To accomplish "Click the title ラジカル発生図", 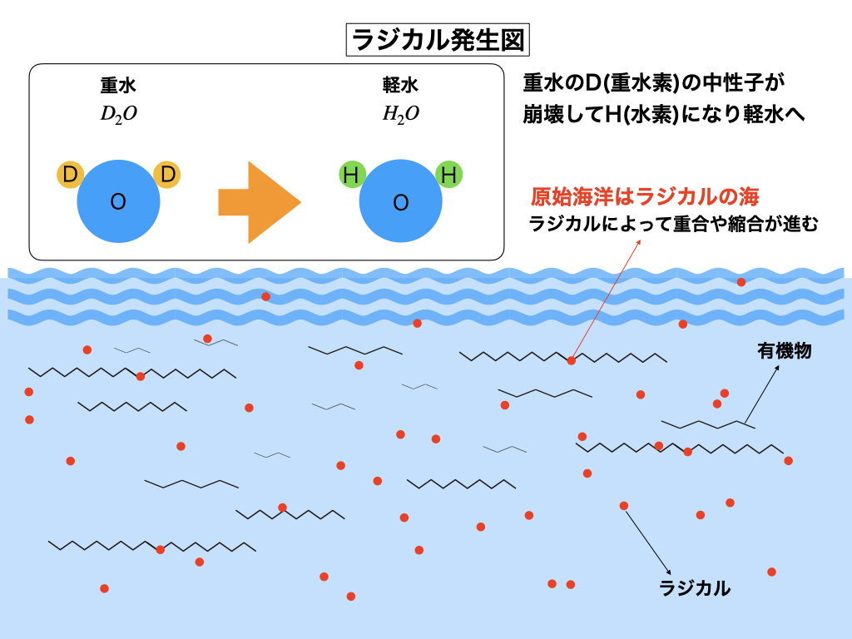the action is (x=438, y=40).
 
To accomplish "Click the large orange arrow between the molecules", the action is (x=260, y=202).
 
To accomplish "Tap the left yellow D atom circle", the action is (x=70, y=175).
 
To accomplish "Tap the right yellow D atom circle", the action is (x=167, y=175).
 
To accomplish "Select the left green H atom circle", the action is (x=352, y=175).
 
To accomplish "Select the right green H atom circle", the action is (x=449, y=175).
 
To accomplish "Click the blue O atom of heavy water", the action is (x=118, y=201).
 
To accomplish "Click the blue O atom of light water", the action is (x=400, y=201).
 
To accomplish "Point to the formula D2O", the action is (x=118, y=114).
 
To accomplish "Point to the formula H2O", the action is (x=400, y=114).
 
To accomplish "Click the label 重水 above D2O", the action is (x=118, y=86).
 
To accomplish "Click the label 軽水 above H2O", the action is (x=400, y=86).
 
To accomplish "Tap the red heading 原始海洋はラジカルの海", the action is (x=645, y=196).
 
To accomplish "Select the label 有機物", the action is (x=784, y=351).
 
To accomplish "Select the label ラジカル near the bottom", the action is (x=695, y=588).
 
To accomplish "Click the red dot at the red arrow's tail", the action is (x=571, y=361).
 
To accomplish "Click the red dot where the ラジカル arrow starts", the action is (x=624, y=506).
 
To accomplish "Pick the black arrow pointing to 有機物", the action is (x=762, y=394).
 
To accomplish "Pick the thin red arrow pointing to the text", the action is (x=607, y=299).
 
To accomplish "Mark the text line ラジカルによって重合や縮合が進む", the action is (x=673, y=224).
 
